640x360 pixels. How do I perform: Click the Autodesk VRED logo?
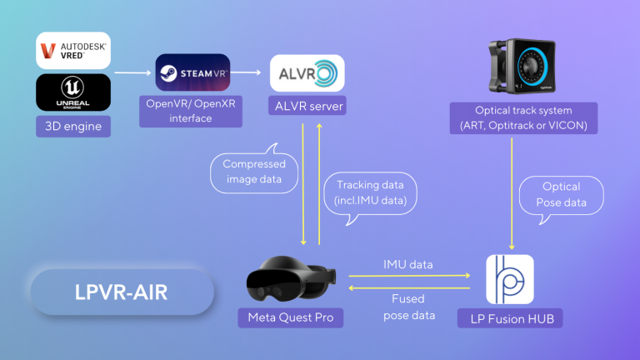(73, 52)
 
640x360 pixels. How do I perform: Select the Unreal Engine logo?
(73, 92)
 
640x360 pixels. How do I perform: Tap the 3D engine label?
(73, 126)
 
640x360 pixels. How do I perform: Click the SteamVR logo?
(192, 73)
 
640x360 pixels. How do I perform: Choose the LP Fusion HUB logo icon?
(509, 279)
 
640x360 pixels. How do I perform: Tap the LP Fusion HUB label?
(509, 317)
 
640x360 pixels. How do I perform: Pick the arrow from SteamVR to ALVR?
(249, 73)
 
